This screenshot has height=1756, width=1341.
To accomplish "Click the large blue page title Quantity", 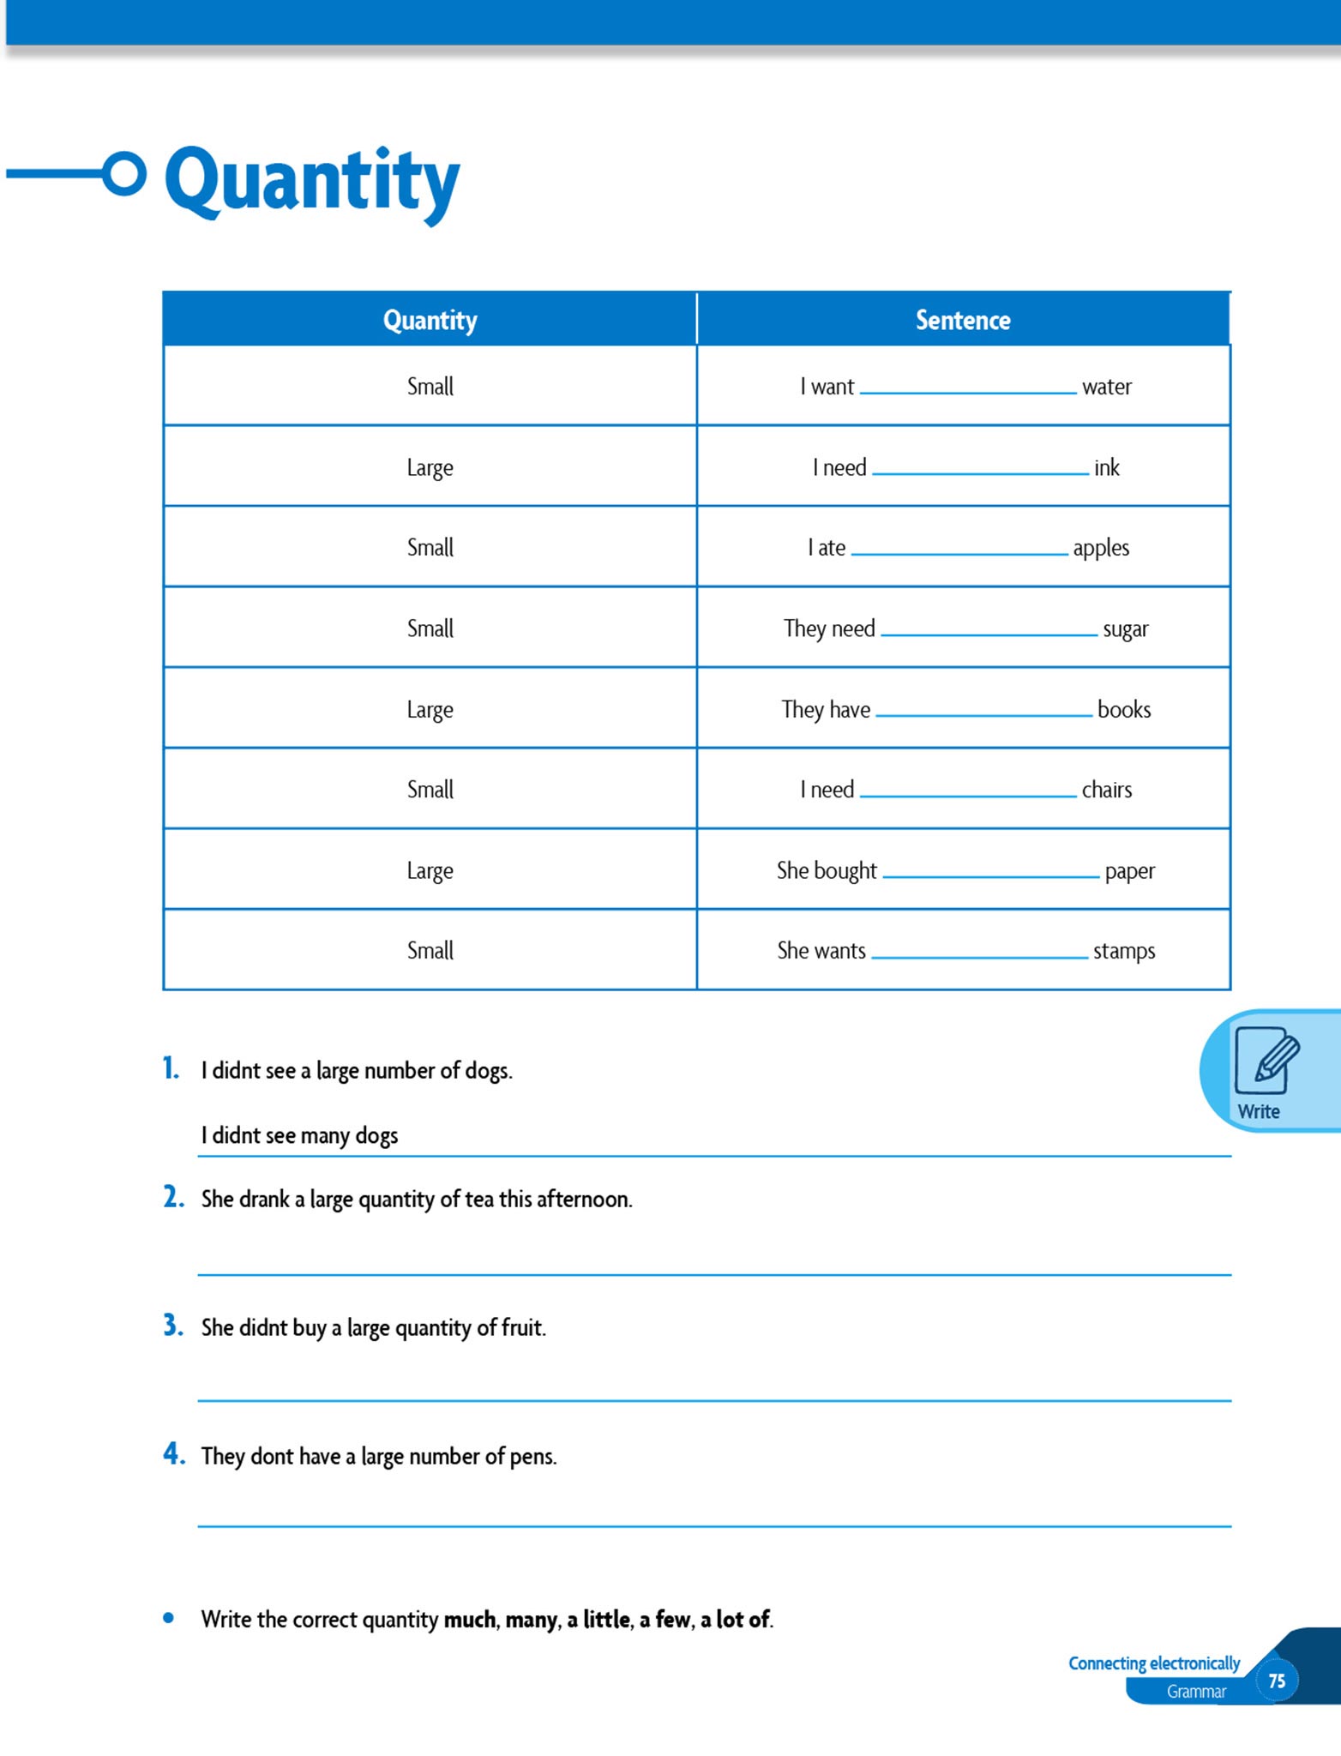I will (312, 181).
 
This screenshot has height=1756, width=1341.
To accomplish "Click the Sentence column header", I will (963, 321).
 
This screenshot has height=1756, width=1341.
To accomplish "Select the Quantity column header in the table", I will (430, 321).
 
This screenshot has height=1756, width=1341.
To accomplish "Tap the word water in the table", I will (1106, 387).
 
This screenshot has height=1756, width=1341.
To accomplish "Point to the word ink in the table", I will (1106, 467).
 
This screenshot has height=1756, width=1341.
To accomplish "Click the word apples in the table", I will (1100, 548).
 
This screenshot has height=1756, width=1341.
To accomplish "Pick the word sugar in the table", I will (1125, 629).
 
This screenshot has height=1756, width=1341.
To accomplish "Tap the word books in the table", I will (1123, 709).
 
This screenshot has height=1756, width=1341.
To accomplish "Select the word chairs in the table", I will (1106, 790).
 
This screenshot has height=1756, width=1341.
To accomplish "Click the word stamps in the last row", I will (1123, 951).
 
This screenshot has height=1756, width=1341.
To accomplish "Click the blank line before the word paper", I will (990, 875).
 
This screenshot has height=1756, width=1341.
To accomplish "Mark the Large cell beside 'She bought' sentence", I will (430, 870).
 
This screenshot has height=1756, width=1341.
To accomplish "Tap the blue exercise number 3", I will (172, 1326).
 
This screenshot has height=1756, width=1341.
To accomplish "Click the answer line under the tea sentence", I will (714, 1273).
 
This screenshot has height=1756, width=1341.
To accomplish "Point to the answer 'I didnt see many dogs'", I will (299, 1135).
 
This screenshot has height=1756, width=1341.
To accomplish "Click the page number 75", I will (1277, 1681).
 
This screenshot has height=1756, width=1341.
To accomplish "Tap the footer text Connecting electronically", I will (1153, 1663).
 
